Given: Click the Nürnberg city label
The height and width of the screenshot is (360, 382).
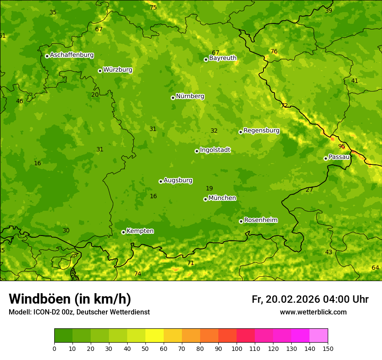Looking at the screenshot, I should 190,96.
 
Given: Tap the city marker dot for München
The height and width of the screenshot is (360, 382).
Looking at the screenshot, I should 205,199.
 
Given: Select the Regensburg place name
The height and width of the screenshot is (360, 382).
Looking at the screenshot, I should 261,131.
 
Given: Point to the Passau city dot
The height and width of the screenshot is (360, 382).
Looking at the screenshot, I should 326,158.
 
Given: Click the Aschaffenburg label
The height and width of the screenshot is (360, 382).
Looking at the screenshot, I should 72,55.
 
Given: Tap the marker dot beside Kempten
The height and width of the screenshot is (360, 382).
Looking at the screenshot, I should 123,232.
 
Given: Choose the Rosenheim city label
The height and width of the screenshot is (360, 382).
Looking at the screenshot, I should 260,220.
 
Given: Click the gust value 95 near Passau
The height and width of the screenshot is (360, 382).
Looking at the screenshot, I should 342,146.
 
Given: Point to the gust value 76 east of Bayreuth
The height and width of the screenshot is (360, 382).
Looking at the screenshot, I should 274,52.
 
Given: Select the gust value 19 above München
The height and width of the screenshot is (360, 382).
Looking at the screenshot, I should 209,188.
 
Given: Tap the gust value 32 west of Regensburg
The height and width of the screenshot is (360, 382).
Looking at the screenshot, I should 214,131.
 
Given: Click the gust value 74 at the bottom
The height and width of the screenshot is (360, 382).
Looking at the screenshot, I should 138,274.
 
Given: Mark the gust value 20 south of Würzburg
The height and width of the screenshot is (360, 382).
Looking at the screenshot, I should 95,95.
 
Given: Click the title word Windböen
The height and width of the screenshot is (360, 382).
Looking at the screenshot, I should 40,299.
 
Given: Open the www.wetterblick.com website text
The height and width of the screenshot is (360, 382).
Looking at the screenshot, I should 313,312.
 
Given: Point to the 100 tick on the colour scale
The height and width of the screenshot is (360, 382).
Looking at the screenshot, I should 237,349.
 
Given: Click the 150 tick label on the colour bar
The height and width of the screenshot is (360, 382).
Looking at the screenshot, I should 328,349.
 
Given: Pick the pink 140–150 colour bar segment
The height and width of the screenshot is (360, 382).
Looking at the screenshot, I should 319,336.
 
